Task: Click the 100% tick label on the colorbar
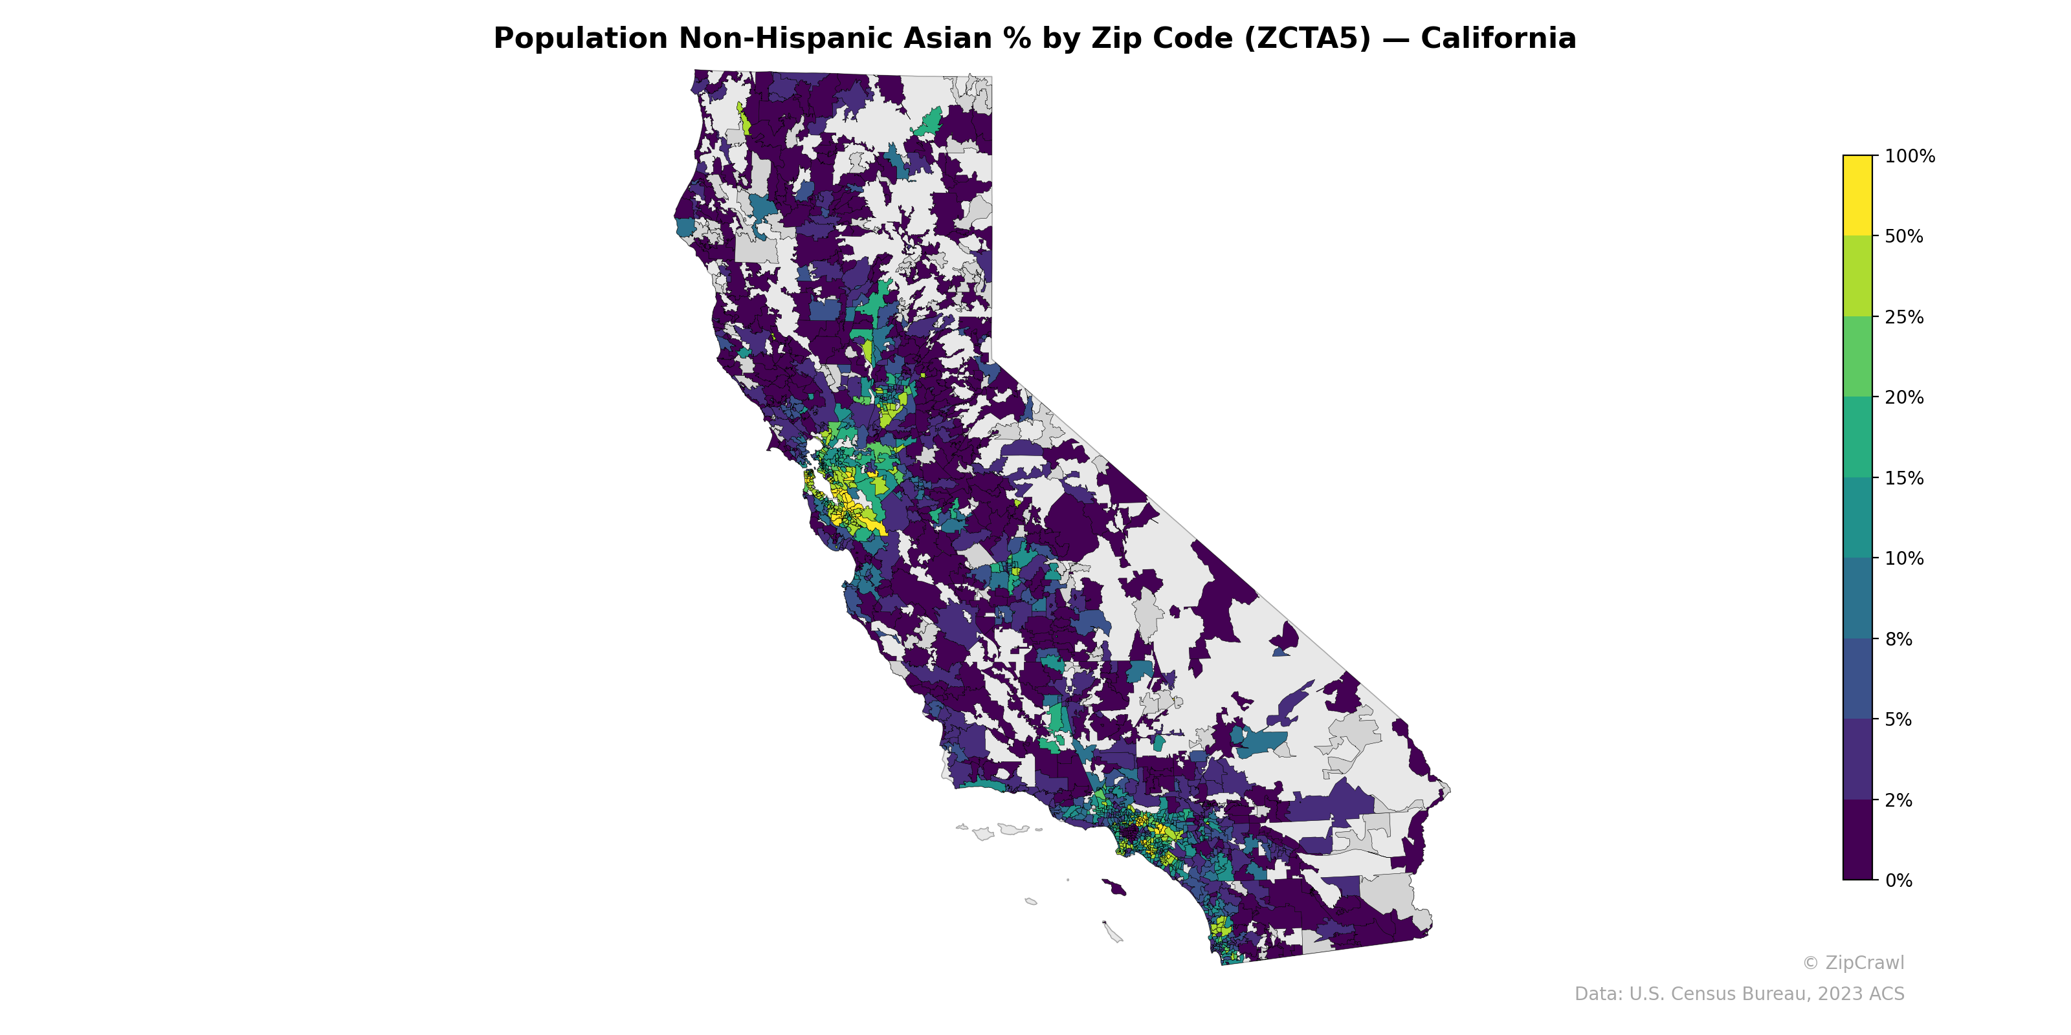(x=1909, y=156)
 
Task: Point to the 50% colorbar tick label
(x=1904, y=236)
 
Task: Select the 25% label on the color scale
(x=1904, y=316)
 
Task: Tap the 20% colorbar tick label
(x=1904, y=397)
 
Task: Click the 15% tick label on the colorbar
(x=1904, y=478)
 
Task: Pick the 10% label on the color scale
(x=1904, y=558)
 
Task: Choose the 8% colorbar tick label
(x=1898, y=639)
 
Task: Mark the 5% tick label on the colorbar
(x=1898, y=719)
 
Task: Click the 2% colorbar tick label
(x=1898, y=800)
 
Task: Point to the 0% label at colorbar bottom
(x=1898, y=880)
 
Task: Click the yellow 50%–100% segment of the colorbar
(x=1857, y=195)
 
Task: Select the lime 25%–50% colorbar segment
(x=1857, y=276)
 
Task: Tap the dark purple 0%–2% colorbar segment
(x=1857, y=840)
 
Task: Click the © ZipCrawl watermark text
(x=1853, y=963)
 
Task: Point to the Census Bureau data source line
(x=1739, y=994)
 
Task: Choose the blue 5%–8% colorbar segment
(x=1857, y=679)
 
